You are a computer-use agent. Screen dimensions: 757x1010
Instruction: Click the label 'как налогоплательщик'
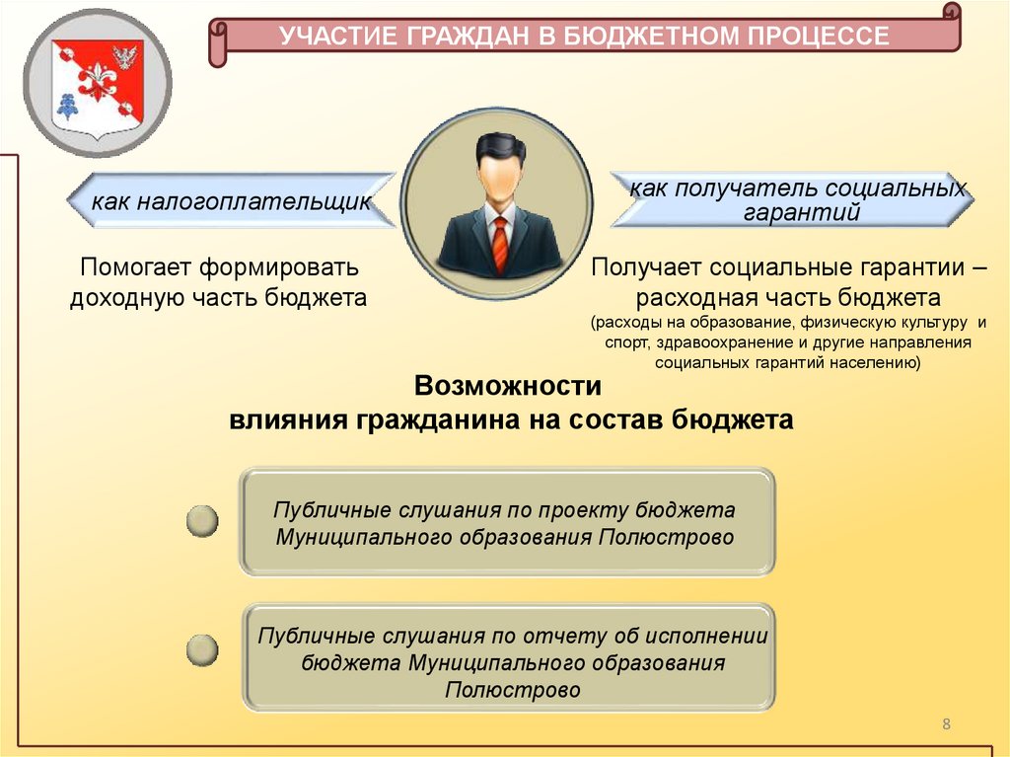tap(232, 202)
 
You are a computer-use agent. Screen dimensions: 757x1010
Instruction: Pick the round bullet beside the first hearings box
tap(202, 522)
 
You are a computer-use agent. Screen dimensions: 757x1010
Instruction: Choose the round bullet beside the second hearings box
tap(202, 649)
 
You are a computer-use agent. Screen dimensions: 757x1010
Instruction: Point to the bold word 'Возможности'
tap(507, 385)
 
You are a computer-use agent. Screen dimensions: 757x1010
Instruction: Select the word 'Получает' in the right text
tap(646, 266)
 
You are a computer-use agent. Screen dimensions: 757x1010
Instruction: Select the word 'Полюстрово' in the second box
tap(513, 690)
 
